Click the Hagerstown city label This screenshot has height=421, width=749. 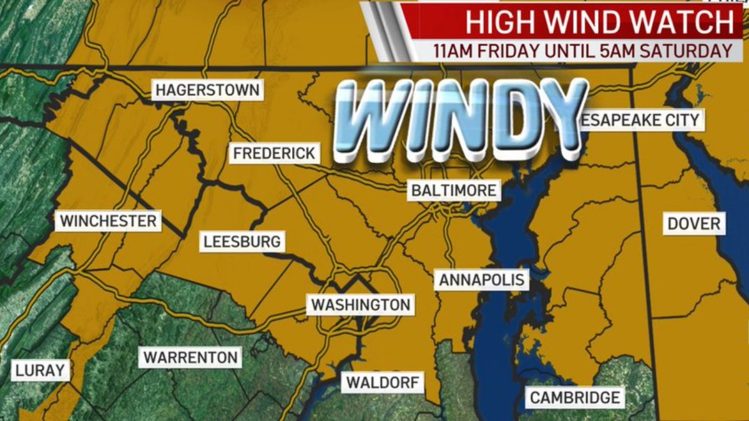point(207,90)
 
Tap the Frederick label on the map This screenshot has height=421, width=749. point(274,153)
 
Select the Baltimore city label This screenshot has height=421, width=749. point(454,190)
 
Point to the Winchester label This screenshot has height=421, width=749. point(108,221)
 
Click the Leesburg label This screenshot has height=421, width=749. point(243,241)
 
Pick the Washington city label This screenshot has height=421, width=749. point(361,305)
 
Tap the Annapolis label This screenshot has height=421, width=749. point(482,279)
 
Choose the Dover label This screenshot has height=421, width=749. point(694,224)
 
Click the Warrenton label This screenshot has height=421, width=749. point(190,358)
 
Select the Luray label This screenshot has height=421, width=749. point(40,370)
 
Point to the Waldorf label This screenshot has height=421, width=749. point(383,382)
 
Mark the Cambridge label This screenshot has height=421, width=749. point(575,397)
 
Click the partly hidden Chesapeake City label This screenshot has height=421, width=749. point(643,120)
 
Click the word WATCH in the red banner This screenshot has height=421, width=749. point(685,23)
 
